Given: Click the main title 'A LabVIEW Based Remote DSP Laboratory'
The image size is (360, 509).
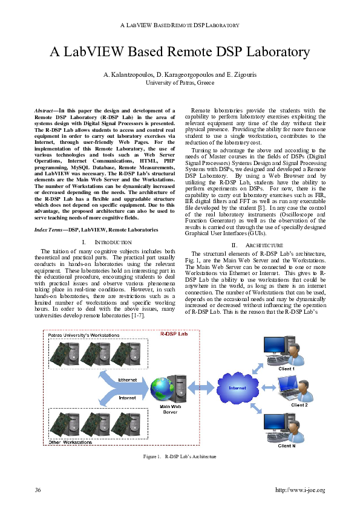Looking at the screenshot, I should (x=180, y=52).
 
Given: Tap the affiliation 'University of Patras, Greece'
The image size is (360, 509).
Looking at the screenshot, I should (x=180, y=82).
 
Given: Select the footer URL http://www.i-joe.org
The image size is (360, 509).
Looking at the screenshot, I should (x=300, y=490).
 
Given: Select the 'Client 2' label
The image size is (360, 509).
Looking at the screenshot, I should (x=299, y=404).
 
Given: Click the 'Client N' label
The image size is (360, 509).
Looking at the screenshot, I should (x=286, y=446).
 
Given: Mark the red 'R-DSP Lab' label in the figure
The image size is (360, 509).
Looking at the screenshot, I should (x=172, y=334).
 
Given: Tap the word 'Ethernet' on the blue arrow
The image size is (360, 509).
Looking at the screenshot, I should (x=127, y=380).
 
